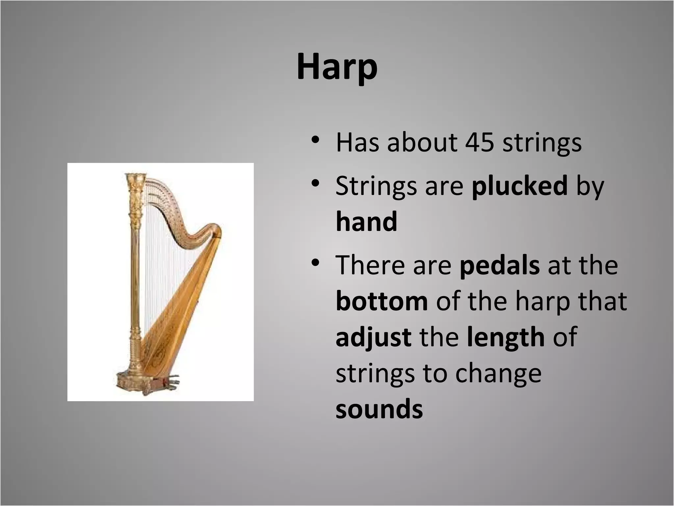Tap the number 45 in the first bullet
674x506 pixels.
tap(480, 143)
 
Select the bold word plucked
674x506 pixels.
tap(520, 185)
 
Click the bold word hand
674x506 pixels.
tap(366, 221)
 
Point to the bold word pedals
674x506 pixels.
tap(500, 265)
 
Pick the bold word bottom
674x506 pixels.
tap(382, 301)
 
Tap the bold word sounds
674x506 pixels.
tap(379, 409)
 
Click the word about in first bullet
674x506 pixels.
tap(422, 143)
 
